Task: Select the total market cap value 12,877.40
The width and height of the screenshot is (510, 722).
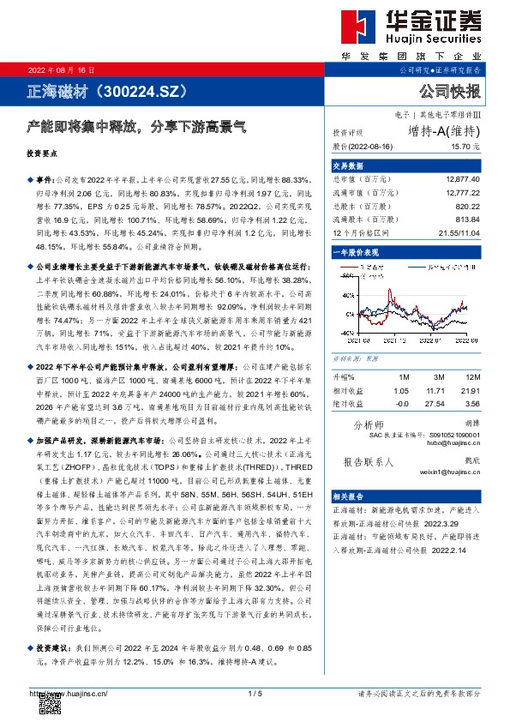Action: tap(463, 178)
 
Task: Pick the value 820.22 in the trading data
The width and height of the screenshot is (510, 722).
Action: tap(468, 207)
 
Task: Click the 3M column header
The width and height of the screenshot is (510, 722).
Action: tap(437, 376)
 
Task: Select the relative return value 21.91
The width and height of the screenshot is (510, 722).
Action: tap(471, 390)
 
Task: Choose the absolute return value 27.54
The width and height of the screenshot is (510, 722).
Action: tap(437, 403)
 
